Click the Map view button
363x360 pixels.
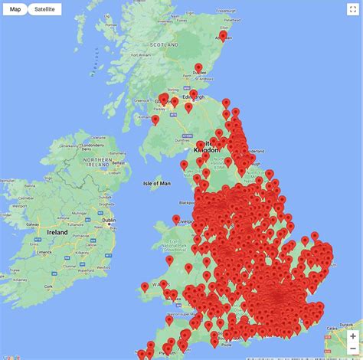(15, 9)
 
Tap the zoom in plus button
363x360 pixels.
(352, 336)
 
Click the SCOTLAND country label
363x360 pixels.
(163, 44)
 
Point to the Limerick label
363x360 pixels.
(41, 251)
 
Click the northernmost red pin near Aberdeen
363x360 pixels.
(223, 35)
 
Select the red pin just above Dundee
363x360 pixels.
(198, 68)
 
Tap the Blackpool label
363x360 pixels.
(188, 203)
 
